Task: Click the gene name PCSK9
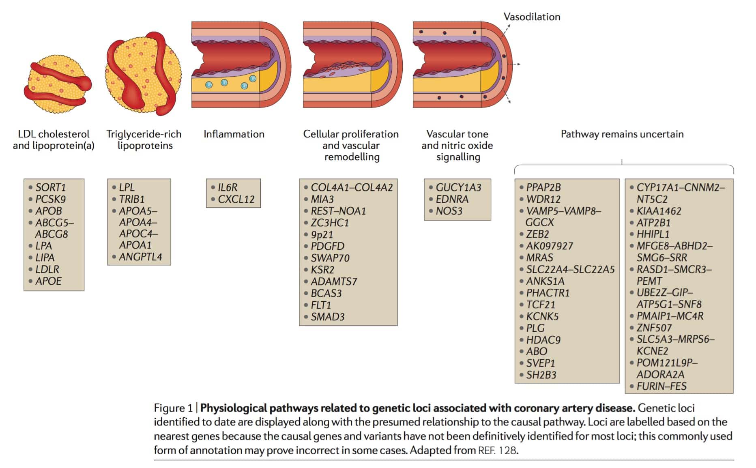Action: [50, 199]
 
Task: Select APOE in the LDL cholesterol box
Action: [48, 281]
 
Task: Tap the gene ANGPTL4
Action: [140, 257]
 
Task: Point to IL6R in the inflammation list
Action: [228, 187]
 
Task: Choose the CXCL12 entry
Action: [236, 199]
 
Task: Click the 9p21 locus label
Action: [322, 234]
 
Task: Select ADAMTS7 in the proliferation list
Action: [334, 281]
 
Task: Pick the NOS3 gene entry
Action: [449, 211]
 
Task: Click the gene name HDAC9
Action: [543, 340]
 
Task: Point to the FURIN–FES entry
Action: [661, 386]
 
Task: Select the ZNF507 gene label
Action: [654, 328]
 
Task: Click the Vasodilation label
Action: [531, 17]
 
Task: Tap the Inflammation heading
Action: [234, 134]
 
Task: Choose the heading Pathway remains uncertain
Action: [622, 134]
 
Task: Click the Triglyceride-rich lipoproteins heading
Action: [144, 140]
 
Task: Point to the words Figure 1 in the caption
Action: [173, 408]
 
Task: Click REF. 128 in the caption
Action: [497, 450]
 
